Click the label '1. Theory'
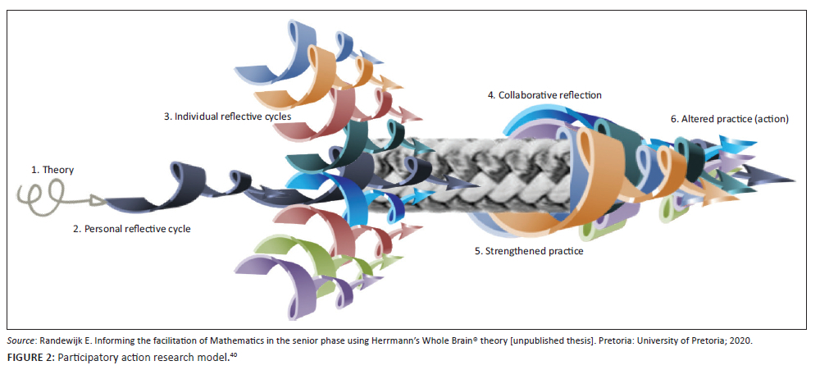(x=52, y=170)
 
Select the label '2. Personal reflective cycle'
(x=131, y=229)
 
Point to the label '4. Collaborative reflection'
(x=544, y=95)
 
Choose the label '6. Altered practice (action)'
(x=729, y=119)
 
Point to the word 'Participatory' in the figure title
(x=89, y=355)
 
